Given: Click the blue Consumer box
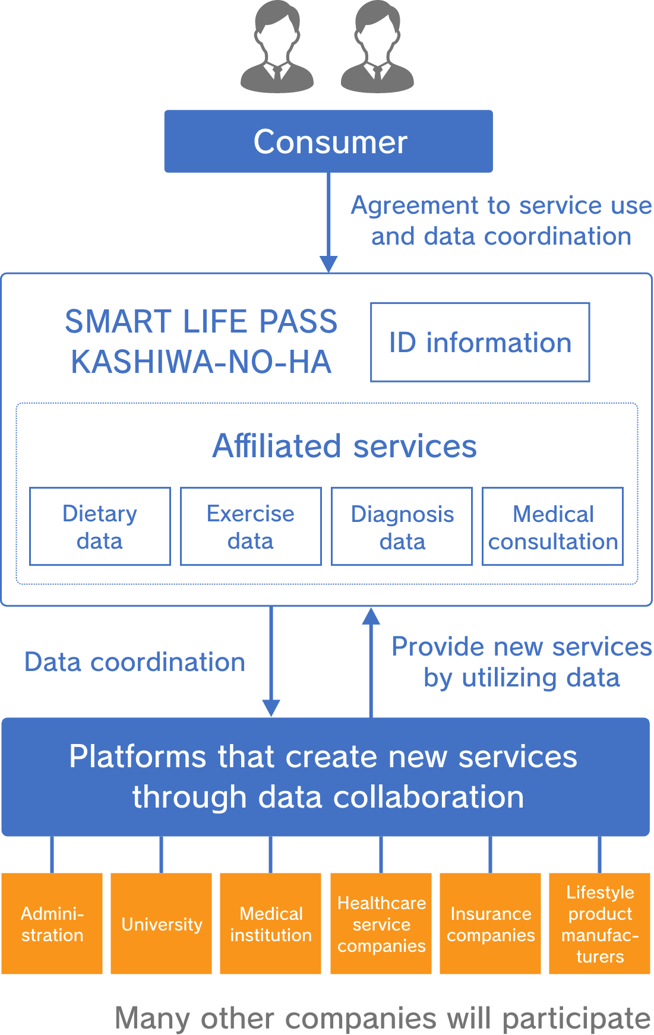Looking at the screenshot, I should [x=328, y=141].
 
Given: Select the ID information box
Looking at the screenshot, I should [x=480, y=342].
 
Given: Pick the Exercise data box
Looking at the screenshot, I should [x=251, y=526].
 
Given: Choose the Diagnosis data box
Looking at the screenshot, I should [x=402, y=526].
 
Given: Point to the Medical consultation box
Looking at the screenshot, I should [x=552, y=526].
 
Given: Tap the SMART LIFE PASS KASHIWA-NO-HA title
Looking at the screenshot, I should [x=201, y=341].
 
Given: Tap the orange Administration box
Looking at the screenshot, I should [x=52, y=923].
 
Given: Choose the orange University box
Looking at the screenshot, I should [x=162, y=923].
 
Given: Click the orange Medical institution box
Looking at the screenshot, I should [x=271, y=923].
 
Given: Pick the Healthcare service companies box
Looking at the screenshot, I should [x=381, y=923].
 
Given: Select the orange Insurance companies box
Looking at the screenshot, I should [x=491, y=923].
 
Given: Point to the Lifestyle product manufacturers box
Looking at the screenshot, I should [x=600, y=923].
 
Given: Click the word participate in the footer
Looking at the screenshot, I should [x=576, y=1019].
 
